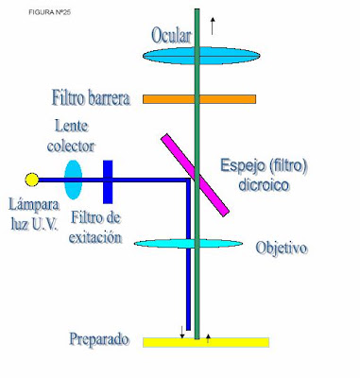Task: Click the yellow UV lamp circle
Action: pos(32,180)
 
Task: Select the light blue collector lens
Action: pos(74,180)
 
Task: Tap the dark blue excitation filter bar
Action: pos(108,181)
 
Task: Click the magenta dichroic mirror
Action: pos(195,175)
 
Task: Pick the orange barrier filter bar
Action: pos(199,99)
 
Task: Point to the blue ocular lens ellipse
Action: pos(201,56)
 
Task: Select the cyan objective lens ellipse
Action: pos(188,244)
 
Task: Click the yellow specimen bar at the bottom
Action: pos(206,342)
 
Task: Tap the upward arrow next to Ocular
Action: pos(213,26)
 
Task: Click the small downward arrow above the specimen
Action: pos(181,333)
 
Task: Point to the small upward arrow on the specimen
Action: pos(208,339)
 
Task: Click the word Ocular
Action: pos(171,35)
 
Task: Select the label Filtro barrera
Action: pos(91,98)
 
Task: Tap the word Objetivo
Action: pos(282,249)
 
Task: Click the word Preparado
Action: pos(99,339)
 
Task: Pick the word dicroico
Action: pos(264,184)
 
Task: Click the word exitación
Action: pos(95,237)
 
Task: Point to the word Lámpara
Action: pos(34,206)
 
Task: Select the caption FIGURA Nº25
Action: pos(50,12)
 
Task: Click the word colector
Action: pos(71,146)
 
